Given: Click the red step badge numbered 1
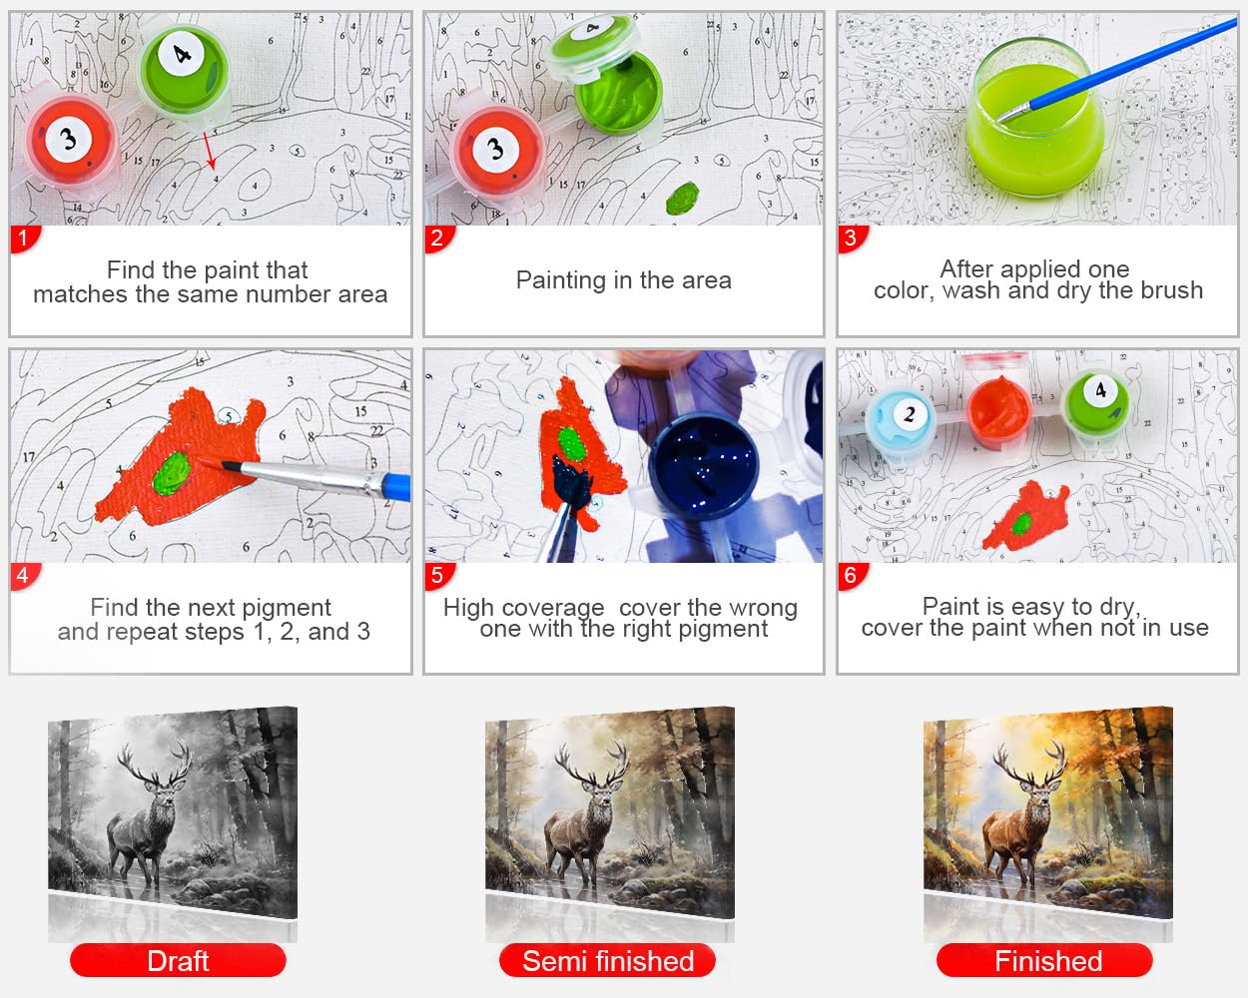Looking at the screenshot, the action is coord(24,239).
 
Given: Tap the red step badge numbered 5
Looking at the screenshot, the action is coord(438,576).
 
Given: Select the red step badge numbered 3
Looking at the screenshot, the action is coord(852,239).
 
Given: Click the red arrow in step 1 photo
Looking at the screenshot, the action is coord(210,150).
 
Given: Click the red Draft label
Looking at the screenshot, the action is coord(178,961).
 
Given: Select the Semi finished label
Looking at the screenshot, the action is coord(608,961).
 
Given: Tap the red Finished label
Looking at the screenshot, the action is coord(1045,961).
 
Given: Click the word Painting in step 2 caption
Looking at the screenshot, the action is coord(561,281).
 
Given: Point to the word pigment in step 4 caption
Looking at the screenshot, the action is coord(287,609).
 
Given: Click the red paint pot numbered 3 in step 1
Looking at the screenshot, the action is coord(71,142).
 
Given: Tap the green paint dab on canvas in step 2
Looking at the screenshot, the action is coord(682,199).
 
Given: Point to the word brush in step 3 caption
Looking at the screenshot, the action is coord(1171,290).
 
